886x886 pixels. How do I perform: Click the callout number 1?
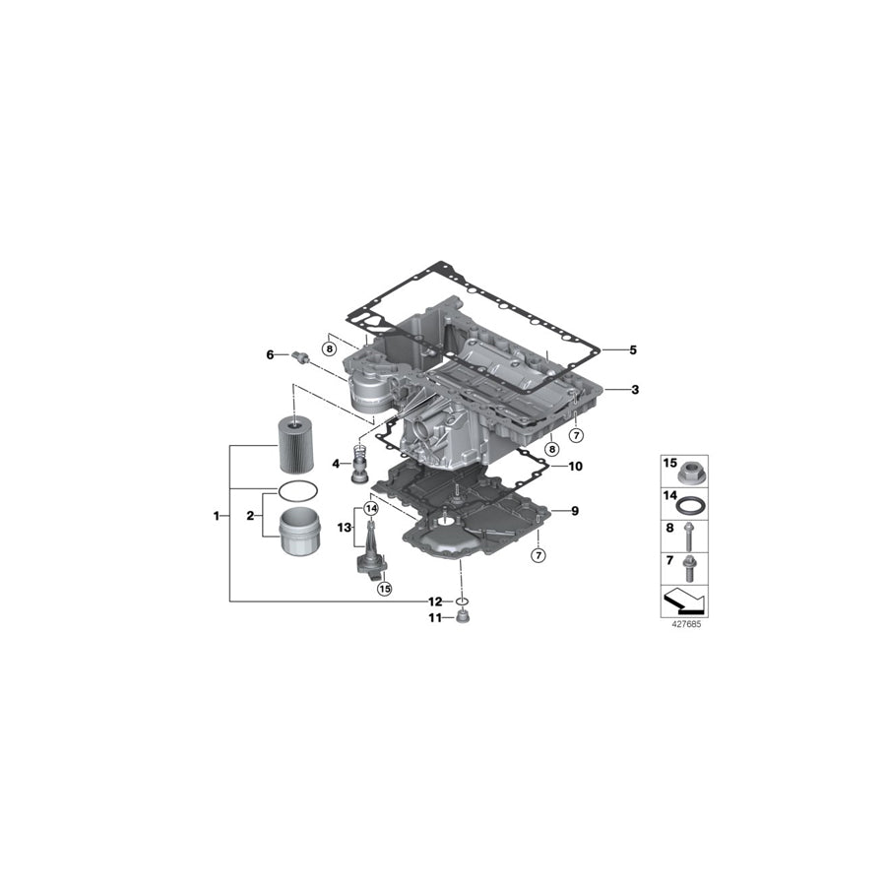[x=216, y=515]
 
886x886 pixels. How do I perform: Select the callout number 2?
[x=250, y=515]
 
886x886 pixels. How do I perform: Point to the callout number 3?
[x=635, y=390]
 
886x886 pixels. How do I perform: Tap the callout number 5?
[x=634, y=349]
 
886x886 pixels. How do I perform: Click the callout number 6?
[x=269, y=354]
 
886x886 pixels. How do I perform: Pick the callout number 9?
[x=575, y=511]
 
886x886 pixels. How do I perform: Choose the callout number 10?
[x=575, y=466]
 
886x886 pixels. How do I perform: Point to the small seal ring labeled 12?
[x=461, y=601]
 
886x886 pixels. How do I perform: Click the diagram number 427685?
[x=683, y=624]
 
